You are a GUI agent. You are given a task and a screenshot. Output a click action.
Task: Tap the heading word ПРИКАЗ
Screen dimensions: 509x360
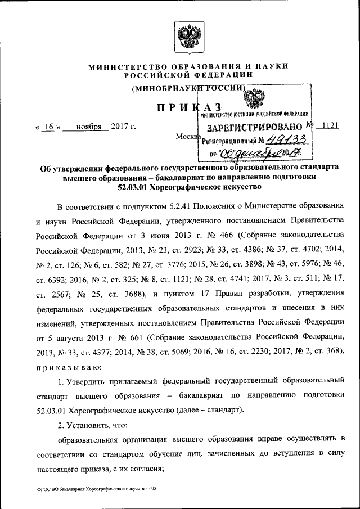point(188,108)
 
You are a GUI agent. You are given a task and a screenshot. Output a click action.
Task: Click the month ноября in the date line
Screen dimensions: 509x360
point(85,127)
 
